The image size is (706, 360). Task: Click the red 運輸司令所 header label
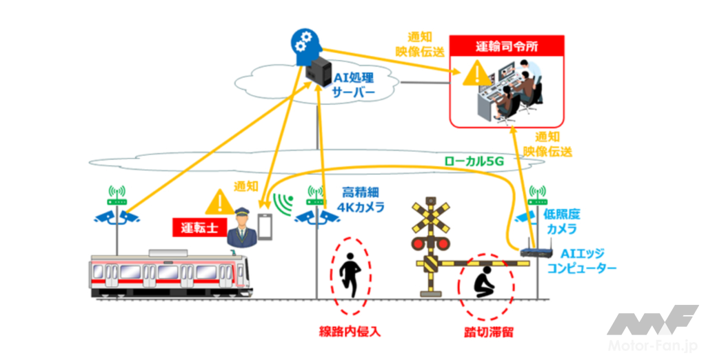click(507, 47)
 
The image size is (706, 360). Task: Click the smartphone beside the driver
click(265, 226)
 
